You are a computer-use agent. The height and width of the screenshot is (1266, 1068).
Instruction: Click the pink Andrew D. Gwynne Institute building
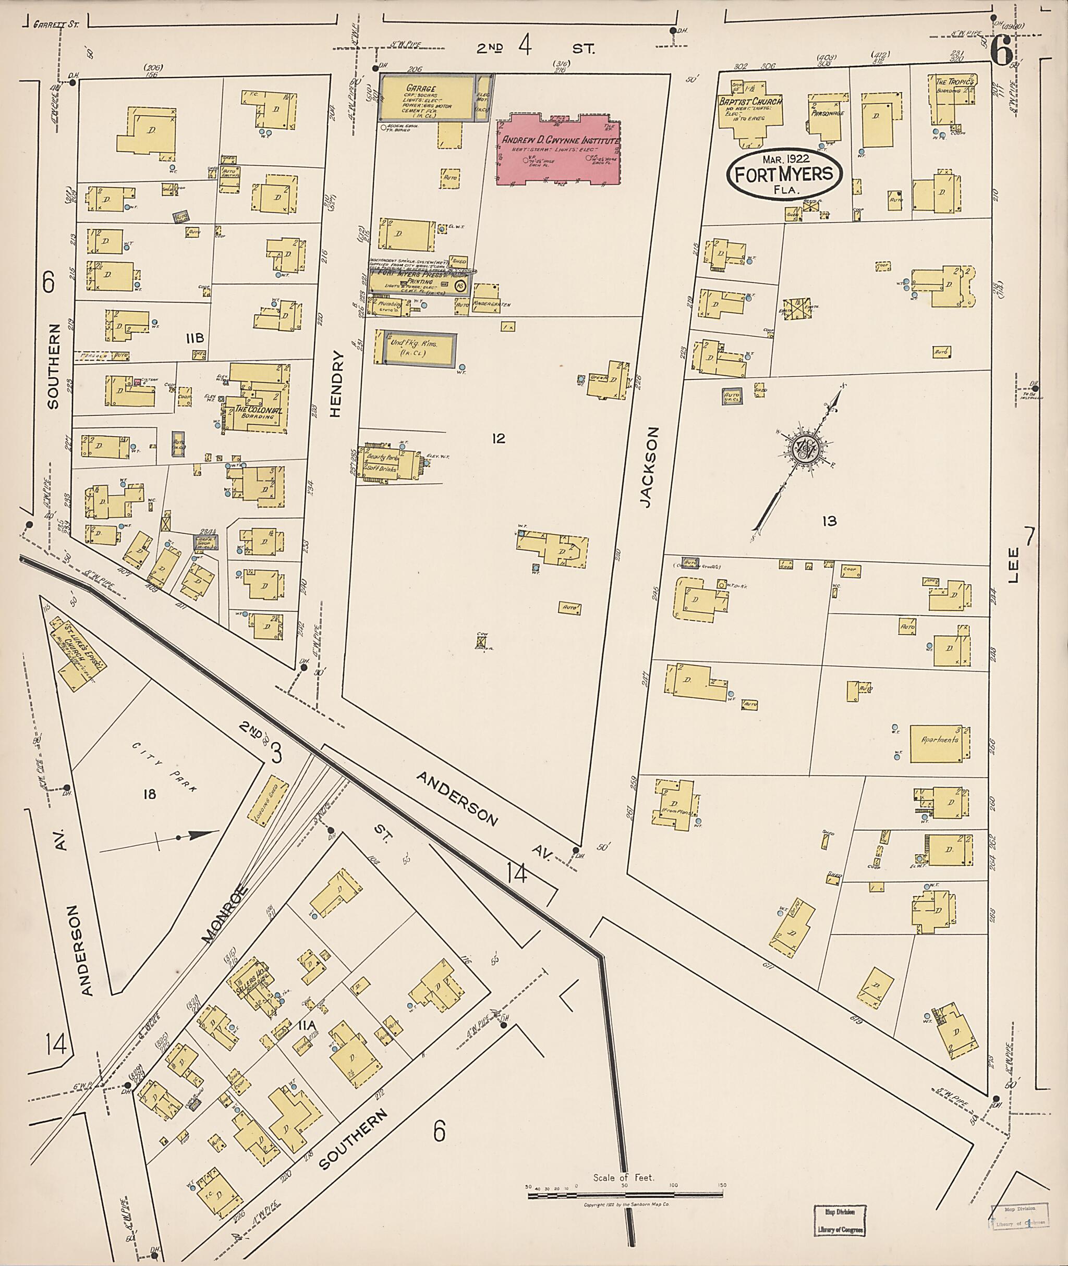557,152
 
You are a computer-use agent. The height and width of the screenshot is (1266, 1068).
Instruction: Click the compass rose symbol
806,449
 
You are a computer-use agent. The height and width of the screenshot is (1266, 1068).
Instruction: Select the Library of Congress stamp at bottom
840,1221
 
